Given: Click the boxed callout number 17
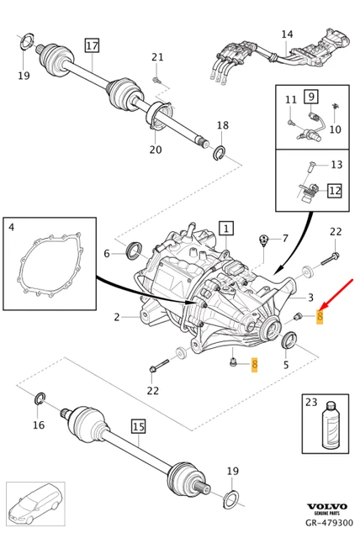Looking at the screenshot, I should click(x=92, y=45).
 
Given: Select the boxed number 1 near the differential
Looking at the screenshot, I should click(x=225, y=227).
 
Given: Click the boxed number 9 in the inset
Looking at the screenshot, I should click(x=310, y=97).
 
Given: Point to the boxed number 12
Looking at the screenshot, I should click(x=334, y=191).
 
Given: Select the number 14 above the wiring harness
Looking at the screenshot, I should click(x=287, y=34).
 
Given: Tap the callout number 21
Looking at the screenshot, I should click(x=157, y=57).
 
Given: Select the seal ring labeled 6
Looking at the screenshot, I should click(x=135, y=249).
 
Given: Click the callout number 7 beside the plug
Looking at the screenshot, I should click(x=284, y=239).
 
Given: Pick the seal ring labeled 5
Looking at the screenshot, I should click(x=288, y=340).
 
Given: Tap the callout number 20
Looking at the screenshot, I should click(x=156, y=150).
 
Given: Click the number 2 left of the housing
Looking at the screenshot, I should click(x=117, y=317).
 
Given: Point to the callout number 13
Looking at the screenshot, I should click(x=336, y=165).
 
